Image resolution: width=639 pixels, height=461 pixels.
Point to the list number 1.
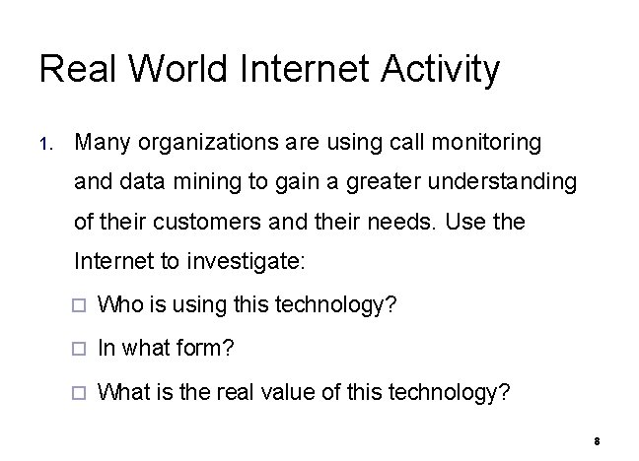tap(45, 145)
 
